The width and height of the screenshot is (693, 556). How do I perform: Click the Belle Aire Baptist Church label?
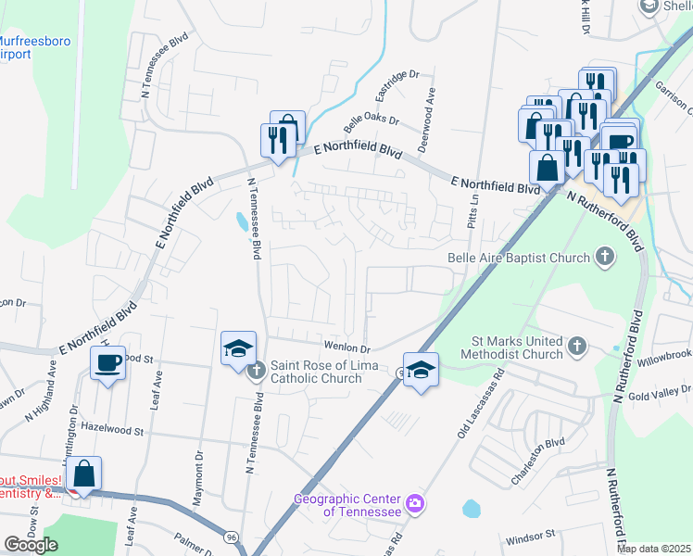pos(518,258)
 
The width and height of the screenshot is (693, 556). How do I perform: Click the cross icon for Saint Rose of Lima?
pos(258,371)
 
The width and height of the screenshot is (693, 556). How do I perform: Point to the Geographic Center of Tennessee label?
pos(347,505)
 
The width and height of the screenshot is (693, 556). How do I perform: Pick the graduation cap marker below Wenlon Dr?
pos(421,370)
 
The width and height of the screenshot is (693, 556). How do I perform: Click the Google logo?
pos(31,545)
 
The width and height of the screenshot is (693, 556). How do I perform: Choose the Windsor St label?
pos(529,535)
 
